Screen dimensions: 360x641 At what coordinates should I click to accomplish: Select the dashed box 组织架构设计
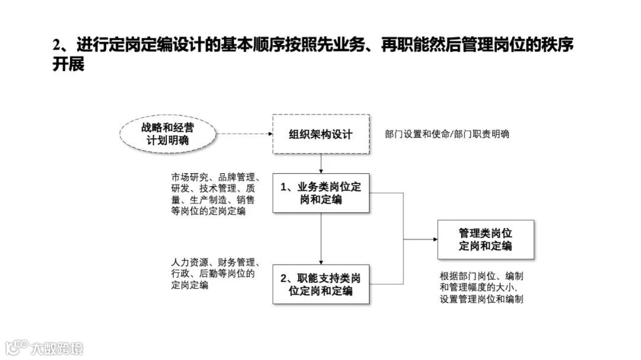[320, 135]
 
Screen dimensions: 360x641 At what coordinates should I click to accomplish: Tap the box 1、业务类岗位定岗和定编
[320, 193]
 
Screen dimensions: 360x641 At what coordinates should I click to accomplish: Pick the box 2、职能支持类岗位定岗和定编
[320, 285]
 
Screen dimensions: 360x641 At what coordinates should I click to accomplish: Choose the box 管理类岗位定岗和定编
[485, 240]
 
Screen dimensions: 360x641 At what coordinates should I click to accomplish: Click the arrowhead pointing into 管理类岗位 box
[434, 240]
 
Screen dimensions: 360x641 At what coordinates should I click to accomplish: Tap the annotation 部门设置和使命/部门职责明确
[447, 135]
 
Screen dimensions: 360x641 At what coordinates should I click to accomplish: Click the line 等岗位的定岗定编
[208, 212]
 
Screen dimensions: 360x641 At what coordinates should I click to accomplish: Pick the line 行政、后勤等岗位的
[212, 273]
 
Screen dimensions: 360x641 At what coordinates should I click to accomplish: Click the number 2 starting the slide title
[57, 45]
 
